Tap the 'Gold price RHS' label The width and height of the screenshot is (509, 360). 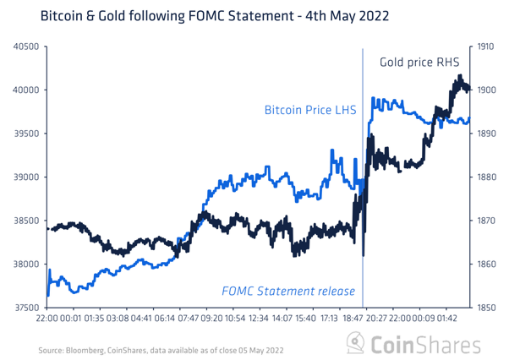413,62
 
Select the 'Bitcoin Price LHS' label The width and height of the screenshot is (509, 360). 311,110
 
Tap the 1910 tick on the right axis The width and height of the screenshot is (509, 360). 485,46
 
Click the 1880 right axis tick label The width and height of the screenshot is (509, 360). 485,177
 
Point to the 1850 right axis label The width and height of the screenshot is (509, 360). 485,308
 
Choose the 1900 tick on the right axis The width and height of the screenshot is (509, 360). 485,90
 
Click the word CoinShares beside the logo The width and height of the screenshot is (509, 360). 430,344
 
